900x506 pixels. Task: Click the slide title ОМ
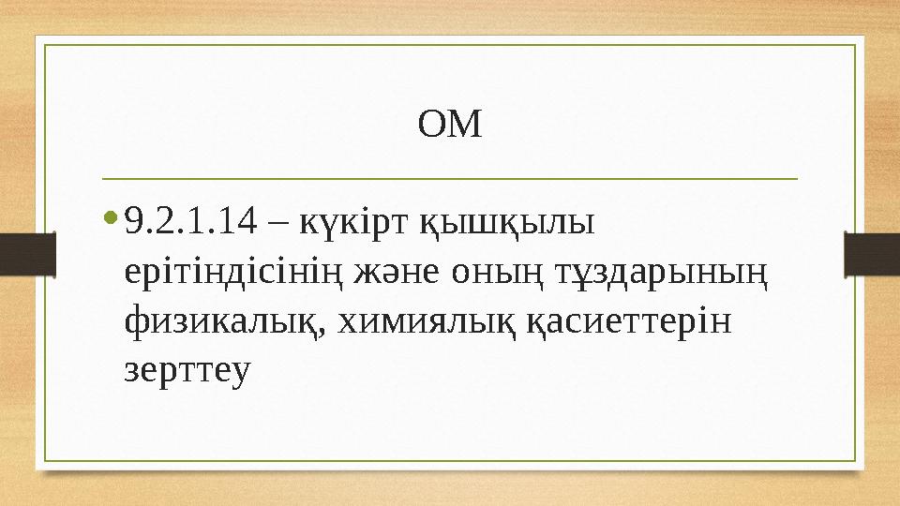(x=450, y=124)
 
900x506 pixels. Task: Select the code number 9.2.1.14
(x=190, y=223)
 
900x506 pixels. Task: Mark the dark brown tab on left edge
(x=27, y=253)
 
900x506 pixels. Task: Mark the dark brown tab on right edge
(x=872, y=253)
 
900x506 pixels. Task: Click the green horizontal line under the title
(x=450, y=177)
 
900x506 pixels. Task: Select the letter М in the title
(x=465, y=124)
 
